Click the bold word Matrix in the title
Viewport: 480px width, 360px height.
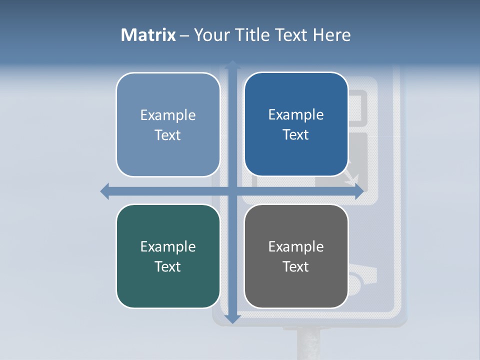click(148, 35)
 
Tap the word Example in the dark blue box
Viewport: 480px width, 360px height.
click(296, 115)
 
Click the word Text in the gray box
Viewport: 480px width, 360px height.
click(296, 266)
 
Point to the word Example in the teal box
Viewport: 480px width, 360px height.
click(168, 246)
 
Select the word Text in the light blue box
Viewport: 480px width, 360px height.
click(168, 135)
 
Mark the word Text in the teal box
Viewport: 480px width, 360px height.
click(168, 266)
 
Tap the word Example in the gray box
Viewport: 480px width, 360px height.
click(296, 246)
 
